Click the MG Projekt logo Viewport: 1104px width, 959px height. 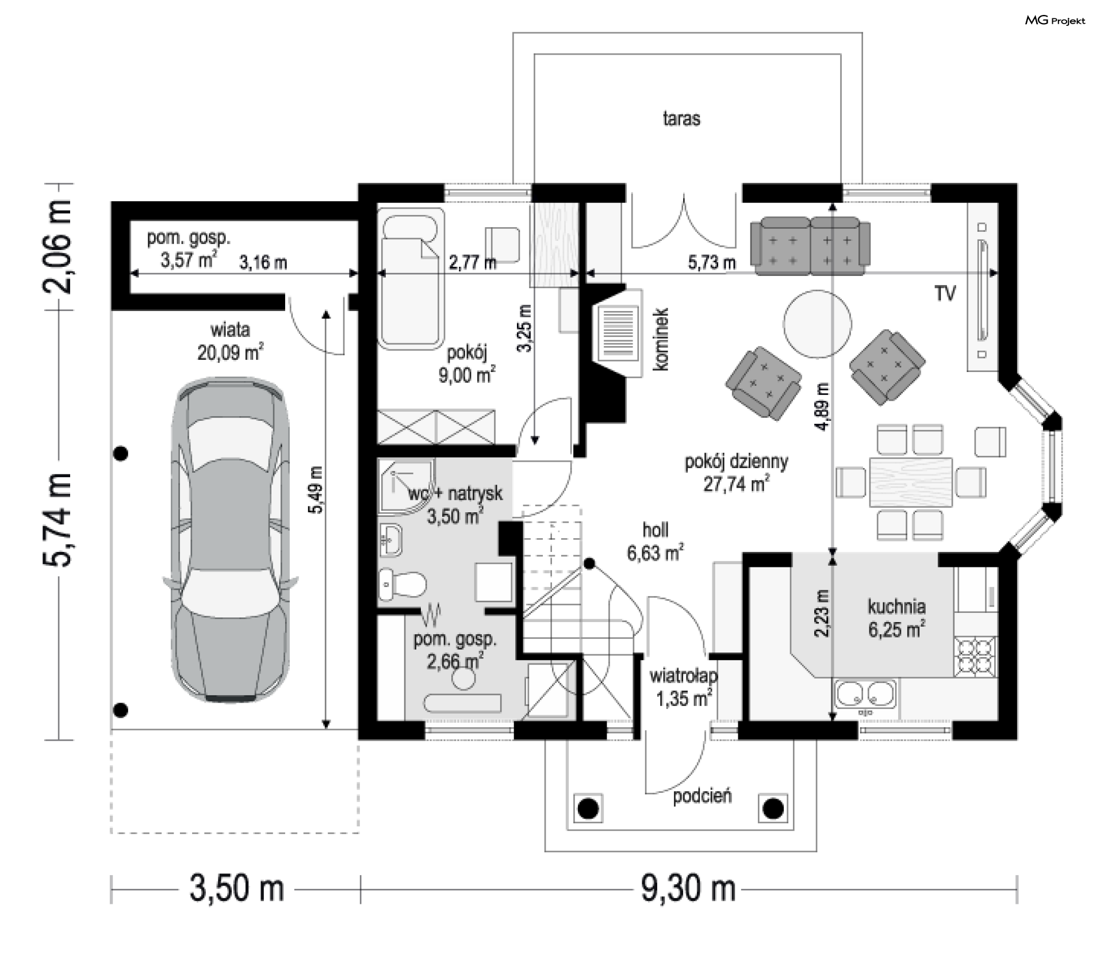pos(1055,21)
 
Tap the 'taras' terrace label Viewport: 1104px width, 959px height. pos(681,118)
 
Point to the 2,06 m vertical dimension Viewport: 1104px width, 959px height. pos(58,247)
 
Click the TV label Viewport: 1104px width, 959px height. pos(945,293)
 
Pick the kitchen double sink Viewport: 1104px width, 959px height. pos(866,695)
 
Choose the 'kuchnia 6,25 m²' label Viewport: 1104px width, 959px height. pos(896,618)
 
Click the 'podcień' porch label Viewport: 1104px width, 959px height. pos(702,796)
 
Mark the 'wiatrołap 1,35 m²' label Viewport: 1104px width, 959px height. pos(684,687)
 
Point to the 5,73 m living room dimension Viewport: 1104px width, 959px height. pos(712,263)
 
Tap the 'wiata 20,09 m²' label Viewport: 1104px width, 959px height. pos(231,341)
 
